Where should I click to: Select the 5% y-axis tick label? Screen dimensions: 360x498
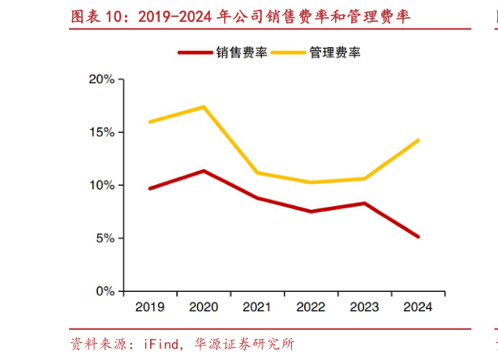(x=105, y=238)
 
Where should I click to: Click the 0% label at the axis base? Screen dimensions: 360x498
(x=105, y=291)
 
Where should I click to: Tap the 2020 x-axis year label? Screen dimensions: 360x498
(x=203, y=308)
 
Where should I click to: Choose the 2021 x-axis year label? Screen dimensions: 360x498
(x=256, y=308)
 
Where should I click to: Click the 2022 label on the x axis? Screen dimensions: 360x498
(x=310, y=308)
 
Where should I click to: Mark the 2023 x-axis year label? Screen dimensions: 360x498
(x=363, y=308)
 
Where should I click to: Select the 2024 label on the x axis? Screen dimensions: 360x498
(x=417, y=308)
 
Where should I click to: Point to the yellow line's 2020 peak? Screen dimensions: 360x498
(x=203, y=107)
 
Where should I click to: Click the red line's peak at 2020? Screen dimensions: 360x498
(x=203, y=171)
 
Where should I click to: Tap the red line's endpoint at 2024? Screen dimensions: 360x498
(x=418, y=237)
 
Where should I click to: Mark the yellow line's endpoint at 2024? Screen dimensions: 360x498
(x=418, y=140)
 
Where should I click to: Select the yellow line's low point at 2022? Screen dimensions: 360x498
(x=310, y=182)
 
